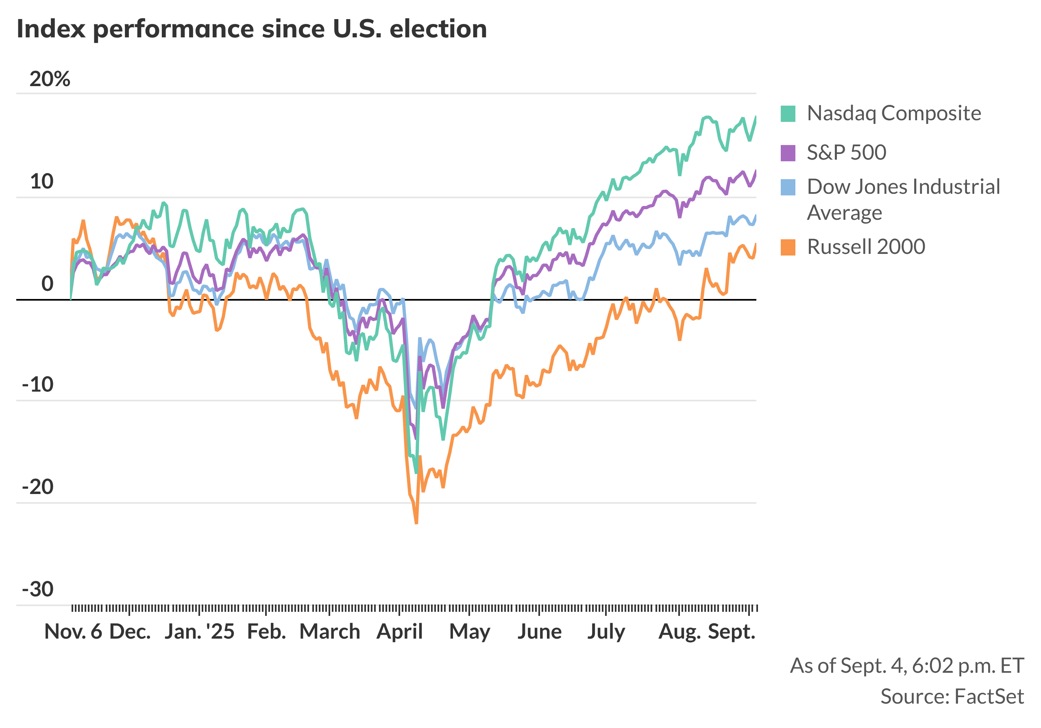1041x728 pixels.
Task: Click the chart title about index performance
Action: (252, 29)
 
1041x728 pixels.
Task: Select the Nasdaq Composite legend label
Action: (894, 113)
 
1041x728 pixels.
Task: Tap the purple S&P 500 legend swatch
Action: (788, 153)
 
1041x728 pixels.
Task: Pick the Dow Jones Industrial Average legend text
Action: (903, 199)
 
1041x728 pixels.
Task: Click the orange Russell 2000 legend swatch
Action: (788, 247)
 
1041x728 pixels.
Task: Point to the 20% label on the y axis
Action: (50, 79)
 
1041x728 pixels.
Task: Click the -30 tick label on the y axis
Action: (38, 589)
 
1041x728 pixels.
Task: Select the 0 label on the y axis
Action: (47, 284)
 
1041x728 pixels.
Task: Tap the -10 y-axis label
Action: (38, 385)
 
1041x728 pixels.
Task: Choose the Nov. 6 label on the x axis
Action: (73, 631)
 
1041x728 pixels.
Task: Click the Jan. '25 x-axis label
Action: (200, 631)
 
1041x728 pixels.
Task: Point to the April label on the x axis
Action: (399, 631)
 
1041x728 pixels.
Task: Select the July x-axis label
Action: (606, 631)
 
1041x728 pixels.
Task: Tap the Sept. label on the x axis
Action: (732, 631)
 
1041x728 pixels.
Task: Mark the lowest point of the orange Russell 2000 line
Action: (416, 523)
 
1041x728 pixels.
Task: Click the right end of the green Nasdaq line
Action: (756, 117)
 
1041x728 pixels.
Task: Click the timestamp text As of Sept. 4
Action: (907, 666)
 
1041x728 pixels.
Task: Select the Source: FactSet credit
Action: (952, 697)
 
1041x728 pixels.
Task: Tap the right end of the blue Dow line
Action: (756, 216)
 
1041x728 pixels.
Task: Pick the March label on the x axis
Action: (330, 631)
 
